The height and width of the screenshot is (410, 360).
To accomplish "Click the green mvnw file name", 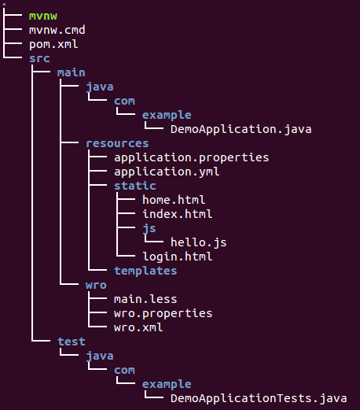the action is pyautogui.click(x=43, y=17).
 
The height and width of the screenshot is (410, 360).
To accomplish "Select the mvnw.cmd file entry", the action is pyautogui.click(x=57, y=30).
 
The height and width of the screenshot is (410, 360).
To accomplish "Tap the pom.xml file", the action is pyautogui.click(x=53, y=45).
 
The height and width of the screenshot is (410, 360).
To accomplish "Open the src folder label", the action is pyautogui.click(x=39, y=58).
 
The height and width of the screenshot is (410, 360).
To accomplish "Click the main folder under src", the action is pyautogui.click(x=72, y=72).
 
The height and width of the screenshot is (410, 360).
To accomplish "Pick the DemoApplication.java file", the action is pyautogui.click(x=241, y=129).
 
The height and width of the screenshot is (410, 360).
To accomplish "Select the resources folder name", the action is pyautogui.click(x=117, y=143).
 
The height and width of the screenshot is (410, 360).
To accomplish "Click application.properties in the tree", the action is pyautogui.click(x=192, y=157).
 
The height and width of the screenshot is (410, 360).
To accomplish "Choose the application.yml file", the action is pyautogui.click(x=167, y=172).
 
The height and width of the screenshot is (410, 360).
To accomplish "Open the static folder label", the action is pyautogui.click(x=135, y=186).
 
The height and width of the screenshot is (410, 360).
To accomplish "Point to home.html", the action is pyautogui.click(x=174, y=200).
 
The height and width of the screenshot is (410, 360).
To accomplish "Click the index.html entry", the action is pyautogui.click(x=178, y=214).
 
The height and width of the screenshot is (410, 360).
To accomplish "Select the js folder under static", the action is pyautogui.click(x=149, y=229).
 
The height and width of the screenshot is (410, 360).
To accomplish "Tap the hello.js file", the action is pyautogui.click(x=199, y=242).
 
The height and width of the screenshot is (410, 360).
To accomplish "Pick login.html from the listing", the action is pyautogui.click(x=178, y=257).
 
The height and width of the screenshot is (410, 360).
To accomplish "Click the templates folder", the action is pyautogui.click(x=145, y=271).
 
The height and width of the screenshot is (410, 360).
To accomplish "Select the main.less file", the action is pyautogui.click(x=145, y=299).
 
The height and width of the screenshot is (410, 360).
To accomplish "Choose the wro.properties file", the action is pyautogui.click(x=163, y=314).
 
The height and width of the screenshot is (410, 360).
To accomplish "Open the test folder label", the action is pyautogui.click(x=72, y=342).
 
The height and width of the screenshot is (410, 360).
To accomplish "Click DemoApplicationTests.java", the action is pyautogui.click(x=259, y=398).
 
